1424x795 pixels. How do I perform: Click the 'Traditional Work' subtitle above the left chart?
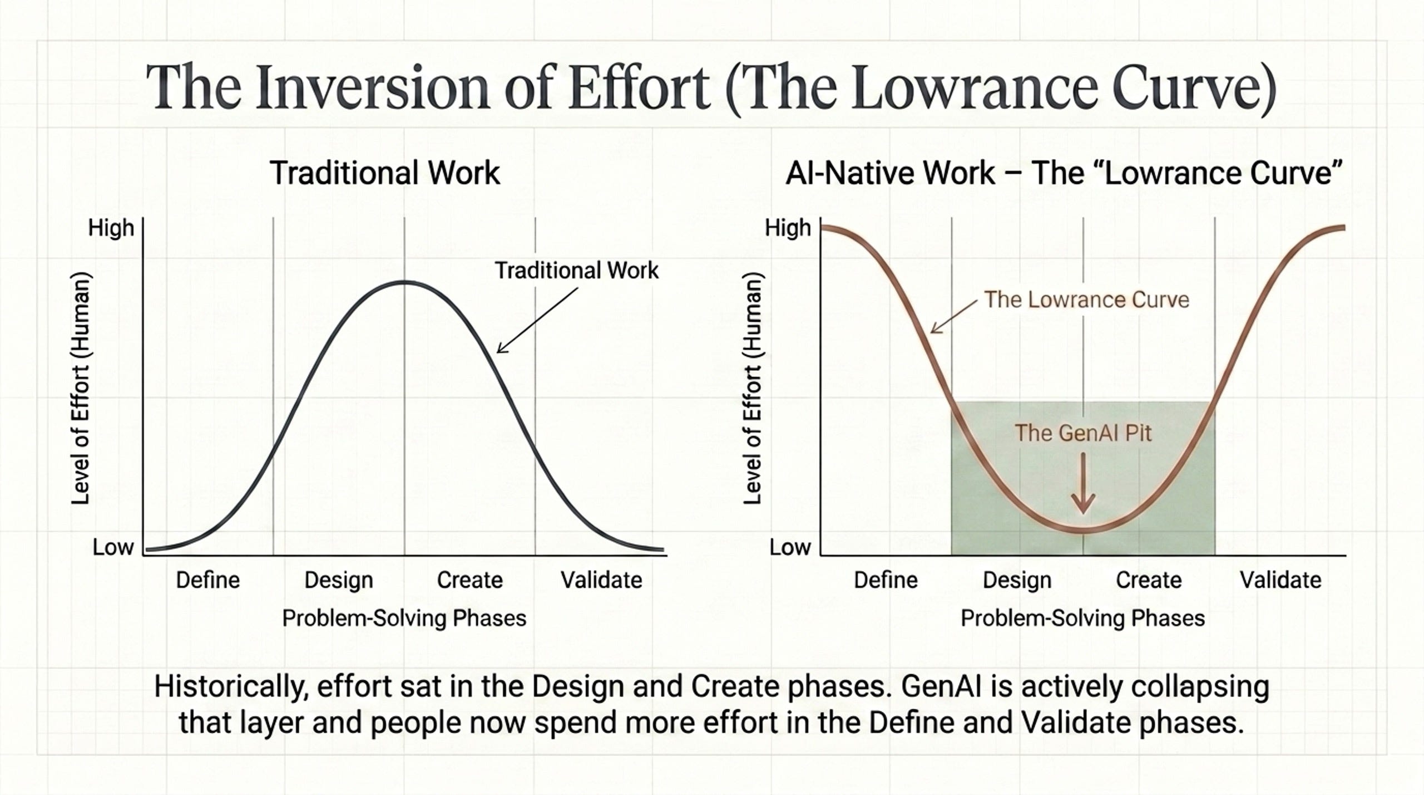pos(385,173)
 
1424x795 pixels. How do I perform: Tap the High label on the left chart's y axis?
pos(111,228)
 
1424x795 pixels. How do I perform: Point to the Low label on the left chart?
pos(113,547)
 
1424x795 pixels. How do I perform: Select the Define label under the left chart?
pos(208,580)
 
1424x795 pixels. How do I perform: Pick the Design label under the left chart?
pos(339,581)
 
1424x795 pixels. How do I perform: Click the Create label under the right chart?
pos(1149,580)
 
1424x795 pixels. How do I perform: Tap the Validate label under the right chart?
pos(1280,580)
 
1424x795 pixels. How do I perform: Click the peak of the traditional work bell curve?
pos(404,282)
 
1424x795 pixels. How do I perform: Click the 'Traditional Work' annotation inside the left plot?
pos(577,271)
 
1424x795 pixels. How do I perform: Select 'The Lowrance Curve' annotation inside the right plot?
pos(1087,300)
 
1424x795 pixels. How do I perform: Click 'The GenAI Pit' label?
pos(1083,433)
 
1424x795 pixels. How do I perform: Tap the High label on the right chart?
pos(788,228)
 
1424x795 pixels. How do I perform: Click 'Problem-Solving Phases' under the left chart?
pos(404,619)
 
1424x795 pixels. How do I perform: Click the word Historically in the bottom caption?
pos(231,687)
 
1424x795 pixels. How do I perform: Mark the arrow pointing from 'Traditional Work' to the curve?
pos(537,320)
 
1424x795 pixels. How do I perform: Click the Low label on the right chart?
pos(790,547)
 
